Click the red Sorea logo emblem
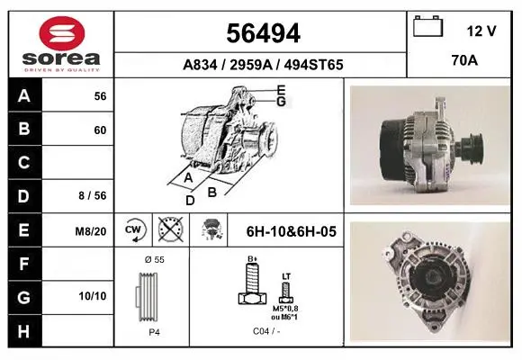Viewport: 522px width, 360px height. click(x=62, y=33)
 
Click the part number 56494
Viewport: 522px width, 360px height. click(x=264, y=33)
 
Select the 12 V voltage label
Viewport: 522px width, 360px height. click(x=481, y=31)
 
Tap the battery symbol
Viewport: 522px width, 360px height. click(x=428, y=26)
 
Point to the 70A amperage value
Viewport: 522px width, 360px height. click(x=464, y=60)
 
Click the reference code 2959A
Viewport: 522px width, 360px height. click(x=251, y=65)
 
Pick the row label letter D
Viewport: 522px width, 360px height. click(x=23, y=196)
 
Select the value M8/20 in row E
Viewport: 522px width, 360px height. click(x=91, y=231)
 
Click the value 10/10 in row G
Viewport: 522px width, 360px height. click(x=93, y=296)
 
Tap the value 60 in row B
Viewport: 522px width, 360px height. click(x=100, y=130)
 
